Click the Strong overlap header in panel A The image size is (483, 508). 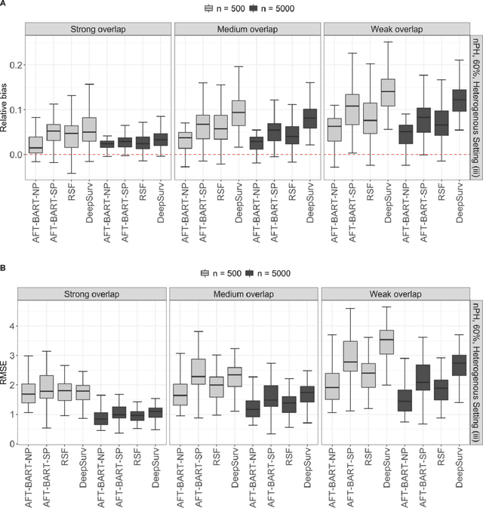click(x=98, y=29)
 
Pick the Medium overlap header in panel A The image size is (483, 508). click(x=247, y=29)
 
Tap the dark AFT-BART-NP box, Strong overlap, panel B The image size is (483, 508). click(x=100, y=418)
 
